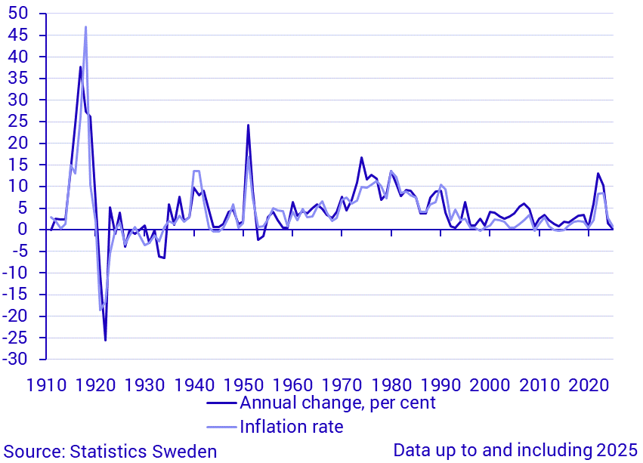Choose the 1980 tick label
coord(391,384)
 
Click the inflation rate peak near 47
coord(85,27)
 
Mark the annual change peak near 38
coord(80,67)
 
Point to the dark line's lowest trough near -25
coord(105,340)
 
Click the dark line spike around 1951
coord(248,125)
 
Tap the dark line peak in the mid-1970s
coord(361,158)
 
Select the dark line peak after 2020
coord(598,174)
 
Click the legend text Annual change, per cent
coord(337,403)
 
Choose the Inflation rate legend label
coord(291,427)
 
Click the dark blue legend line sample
coord(221,403)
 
